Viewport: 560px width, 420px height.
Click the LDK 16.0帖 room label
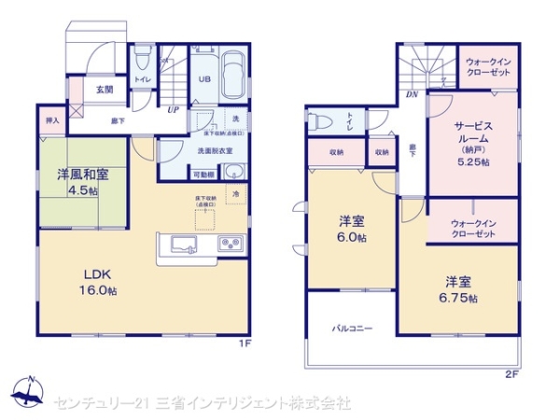[99, 282]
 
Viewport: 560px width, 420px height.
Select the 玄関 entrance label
[104, 91]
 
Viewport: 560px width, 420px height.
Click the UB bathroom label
[203, 79]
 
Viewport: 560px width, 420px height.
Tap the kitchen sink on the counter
[183, 246]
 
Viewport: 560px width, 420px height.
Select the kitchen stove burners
[231, 245]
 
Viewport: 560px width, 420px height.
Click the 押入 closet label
[52, 121]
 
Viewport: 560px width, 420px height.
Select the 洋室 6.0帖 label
[352, 230]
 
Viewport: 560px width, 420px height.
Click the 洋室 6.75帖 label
[460, 289]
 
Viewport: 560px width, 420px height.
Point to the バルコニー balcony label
[353, 329]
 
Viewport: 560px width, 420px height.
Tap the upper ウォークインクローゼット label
[487, 68]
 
